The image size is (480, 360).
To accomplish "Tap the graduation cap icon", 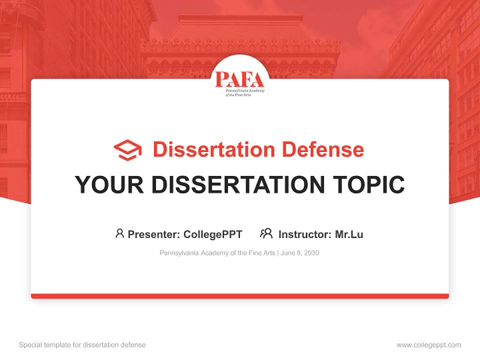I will [x=127, y=150].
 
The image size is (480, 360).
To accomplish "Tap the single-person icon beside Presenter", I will [x=119, y=233].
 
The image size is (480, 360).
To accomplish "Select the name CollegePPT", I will [x=213, y=234].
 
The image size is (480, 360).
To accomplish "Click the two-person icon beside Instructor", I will [x=266, y=233].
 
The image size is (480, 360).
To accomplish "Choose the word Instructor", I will [x=304, y=234].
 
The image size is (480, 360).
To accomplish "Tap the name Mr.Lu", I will [x=349, y=234].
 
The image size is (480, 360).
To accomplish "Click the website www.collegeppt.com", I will [x=428, y=345].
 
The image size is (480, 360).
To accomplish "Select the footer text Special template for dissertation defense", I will [x=82, y=345].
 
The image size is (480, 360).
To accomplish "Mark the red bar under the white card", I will [x=240, y=296].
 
